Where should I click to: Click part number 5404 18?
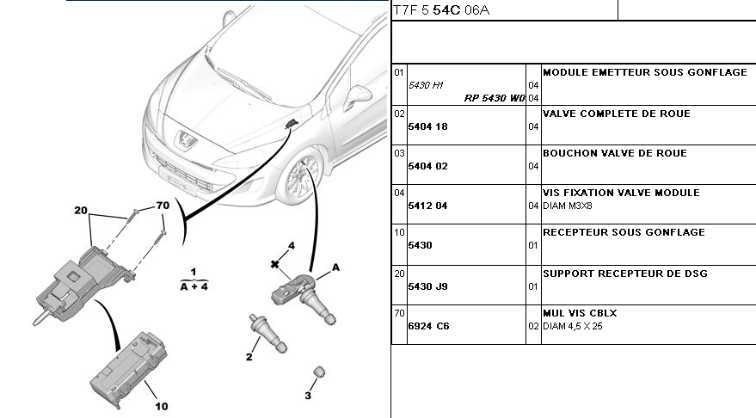click(x=427, y=126)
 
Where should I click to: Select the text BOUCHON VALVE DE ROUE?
click(x=615, y=153)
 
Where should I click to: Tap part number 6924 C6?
click(x=428, y=326)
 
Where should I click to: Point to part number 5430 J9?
click(x=427, y=286)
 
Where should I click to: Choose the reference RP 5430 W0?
click(x=495, y=98)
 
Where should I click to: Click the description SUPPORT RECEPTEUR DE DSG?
click(x=625, y=273)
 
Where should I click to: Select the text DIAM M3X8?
click(x=568, y=206)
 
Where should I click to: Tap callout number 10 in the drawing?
click(x=161, y=405)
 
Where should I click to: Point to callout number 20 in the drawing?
click(x=81, y=211)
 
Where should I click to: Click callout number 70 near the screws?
click(x=163, y=206)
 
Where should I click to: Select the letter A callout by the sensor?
click(x=335, y=267)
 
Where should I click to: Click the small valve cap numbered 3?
click(x=317, y=371)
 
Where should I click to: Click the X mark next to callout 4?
click(x=274, y=263)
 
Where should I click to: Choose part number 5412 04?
click(x=427, y=206)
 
